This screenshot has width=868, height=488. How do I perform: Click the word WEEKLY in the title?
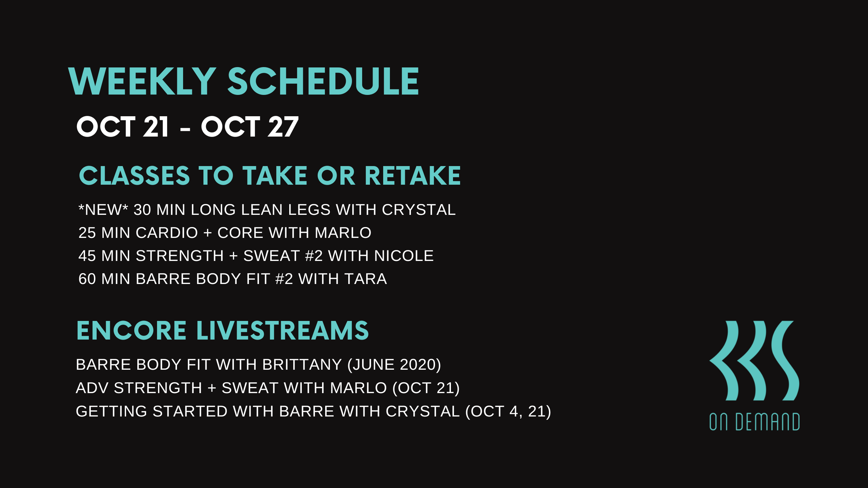142,81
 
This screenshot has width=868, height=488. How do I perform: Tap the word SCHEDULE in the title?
323,81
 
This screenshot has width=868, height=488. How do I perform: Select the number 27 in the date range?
283,127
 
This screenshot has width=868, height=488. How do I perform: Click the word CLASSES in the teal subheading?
134,176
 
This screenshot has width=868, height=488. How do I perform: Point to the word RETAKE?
413,176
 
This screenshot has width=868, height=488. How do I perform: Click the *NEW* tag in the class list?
103,209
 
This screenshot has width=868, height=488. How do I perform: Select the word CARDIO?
167,233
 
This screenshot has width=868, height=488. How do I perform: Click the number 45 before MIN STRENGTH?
87,256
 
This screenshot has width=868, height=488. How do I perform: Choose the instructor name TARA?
366,279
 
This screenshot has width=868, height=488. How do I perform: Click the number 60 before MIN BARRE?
87,279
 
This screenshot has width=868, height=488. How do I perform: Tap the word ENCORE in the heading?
132,330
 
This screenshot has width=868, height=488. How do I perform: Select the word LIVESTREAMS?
283,330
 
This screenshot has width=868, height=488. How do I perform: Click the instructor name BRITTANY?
302,365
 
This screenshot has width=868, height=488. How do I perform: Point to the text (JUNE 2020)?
394,365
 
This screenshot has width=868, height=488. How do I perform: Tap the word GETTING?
111,411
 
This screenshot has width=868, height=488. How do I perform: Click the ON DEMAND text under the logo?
754,422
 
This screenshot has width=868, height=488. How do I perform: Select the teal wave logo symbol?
754,361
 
